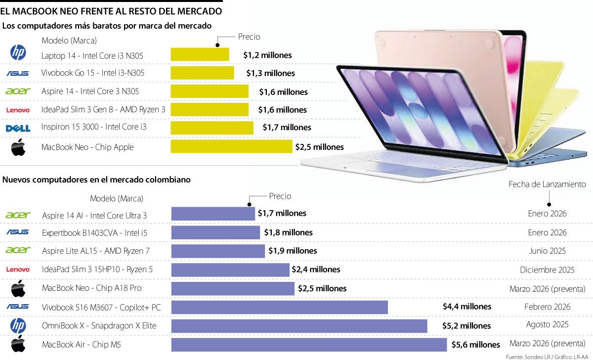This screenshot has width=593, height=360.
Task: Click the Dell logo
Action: (18, 128)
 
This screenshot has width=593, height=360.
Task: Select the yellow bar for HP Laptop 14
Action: (200, 54)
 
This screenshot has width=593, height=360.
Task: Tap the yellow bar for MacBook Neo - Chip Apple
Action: (231, 146)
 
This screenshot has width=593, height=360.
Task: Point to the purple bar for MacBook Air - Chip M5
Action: (309, 345)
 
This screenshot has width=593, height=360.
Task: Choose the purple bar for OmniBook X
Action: (299, 326)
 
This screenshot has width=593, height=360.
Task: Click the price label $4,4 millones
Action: (467, 307)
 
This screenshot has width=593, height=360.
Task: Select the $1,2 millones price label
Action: (267, 55)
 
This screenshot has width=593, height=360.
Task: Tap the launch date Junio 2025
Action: (547, 251)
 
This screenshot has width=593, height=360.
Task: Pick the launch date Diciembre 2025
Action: (547, 270)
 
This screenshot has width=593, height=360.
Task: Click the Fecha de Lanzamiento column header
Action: (547, 184)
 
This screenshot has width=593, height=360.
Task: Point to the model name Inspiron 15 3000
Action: (94, 127)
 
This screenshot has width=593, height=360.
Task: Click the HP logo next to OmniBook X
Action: (18, 325)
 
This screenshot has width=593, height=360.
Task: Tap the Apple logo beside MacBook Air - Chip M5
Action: (18, 344)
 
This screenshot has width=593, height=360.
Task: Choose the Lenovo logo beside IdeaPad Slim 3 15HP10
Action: (18, 270)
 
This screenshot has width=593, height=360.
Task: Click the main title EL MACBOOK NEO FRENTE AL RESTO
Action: (111, 10)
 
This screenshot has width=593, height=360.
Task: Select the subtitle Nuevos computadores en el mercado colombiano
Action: (96, 180)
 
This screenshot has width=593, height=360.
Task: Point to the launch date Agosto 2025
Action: (547, 325)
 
